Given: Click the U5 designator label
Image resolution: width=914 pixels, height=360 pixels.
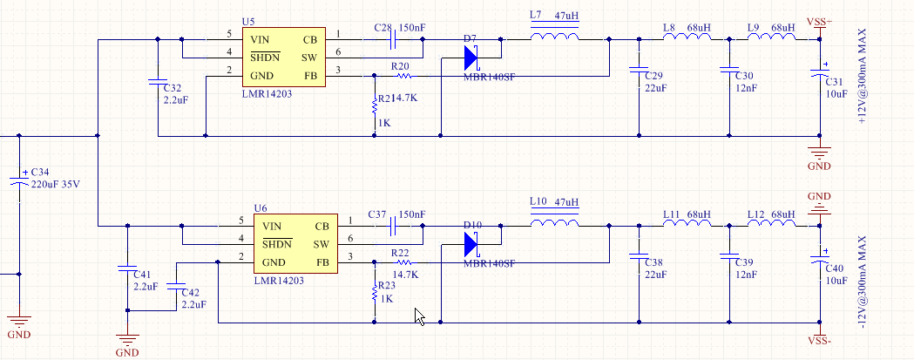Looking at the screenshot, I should pyautogui.click(x=248, y=21).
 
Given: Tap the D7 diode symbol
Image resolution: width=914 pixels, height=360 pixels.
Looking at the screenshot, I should pyautogui.click(x=471, y=58).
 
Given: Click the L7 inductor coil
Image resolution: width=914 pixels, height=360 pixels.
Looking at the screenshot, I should pyautogui.click(x=554, y=37).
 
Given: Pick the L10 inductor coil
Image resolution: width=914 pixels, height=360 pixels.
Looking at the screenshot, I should pyautogui.click(x=554, y=223).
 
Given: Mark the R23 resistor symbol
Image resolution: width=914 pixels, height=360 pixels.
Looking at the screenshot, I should pyautogui.click(x=375, y=289).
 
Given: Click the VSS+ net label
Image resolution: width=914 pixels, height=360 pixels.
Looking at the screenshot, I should pyautogui.click(x=819, y=22).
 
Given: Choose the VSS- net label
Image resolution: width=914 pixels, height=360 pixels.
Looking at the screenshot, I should pyautogui.click(x=819, y=341).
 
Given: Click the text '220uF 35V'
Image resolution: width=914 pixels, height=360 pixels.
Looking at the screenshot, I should pyautogui.click(x=57, y=184).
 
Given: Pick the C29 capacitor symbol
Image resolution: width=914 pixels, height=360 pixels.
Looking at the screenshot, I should pyautogui.click(x=639, y=70).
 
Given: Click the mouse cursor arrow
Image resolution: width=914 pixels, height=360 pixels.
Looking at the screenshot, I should pyautogui.click(x=420, y=316).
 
